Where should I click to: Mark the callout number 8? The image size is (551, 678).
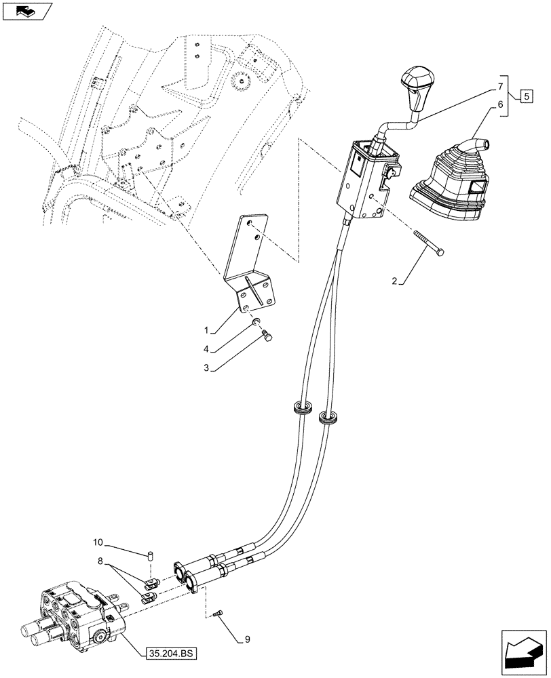pyautogui.click(x=102, y=561)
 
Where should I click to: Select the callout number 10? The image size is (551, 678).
pyautogui.click(x=98, y=542)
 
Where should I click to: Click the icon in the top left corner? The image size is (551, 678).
pyautogui.click(x=27, y=11)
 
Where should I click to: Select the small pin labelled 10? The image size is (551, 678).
pyautogui.click(x=151, y=556)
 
